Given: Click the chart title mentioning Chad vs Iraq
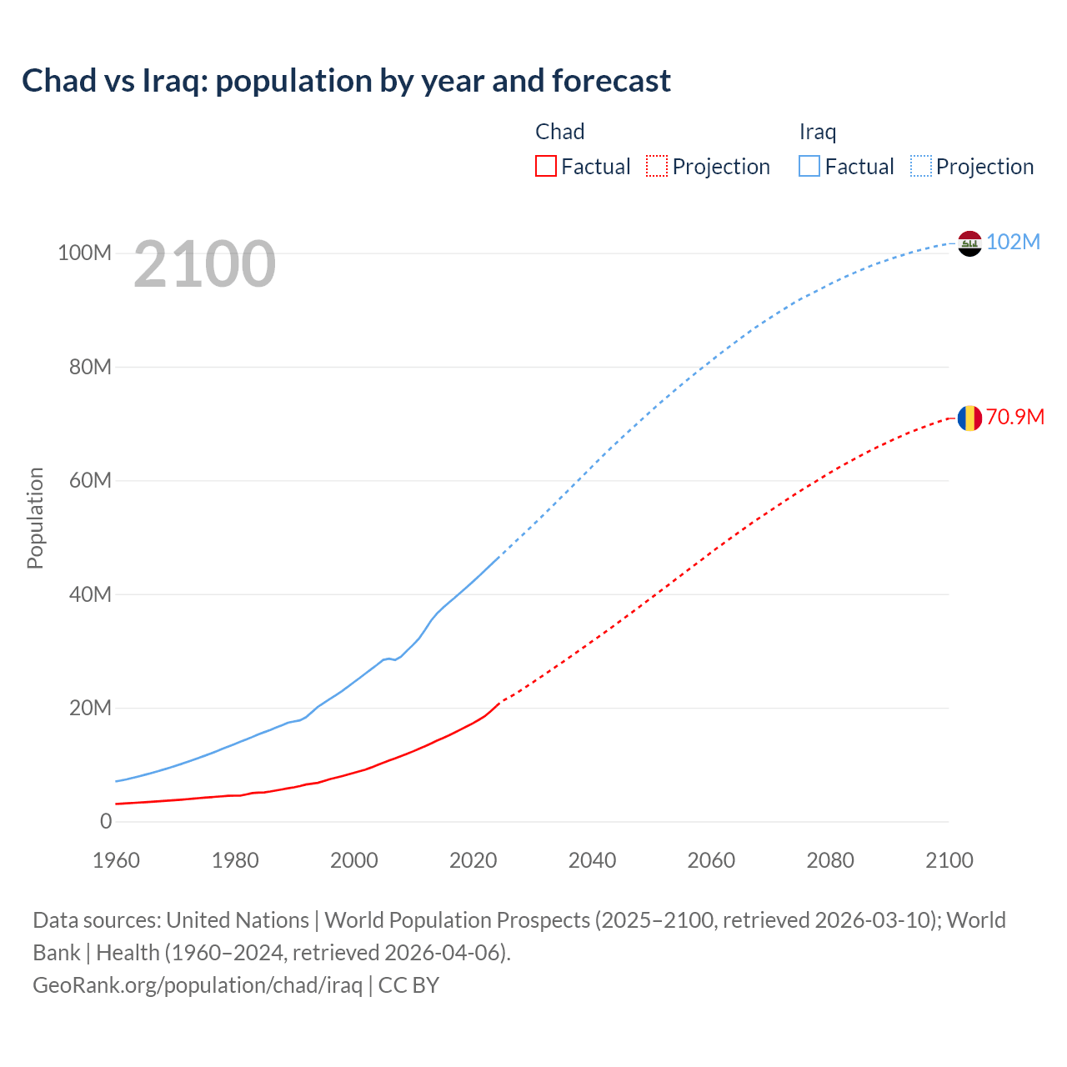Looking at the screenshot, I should tap(346, 81).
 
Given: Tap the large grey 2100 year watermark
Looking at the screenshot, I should tap(204, 264).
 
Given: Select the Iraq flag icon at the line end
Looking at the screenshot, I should tap(969, 243).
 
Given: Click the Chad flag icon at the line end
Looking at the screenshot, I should tap(969, 418).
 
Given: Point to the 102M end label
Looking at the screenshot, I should tap(1013, 242).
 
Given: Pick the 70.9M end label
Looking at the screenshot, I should tap(1014, 417).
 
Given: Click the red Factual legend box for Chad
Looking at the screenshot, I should tap(546, 166).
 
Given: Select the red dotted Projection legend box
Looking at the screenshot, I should tap(657, 166).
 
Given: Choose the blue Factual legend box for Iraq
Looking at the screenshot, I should tap(809, 166).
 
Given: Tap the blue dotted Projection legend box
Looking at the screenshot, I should tap(921, 166).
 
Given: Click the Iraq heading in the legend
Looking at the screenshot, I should tap(817, 132).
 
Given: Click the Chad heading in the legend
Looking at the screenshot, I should tap(559, 132).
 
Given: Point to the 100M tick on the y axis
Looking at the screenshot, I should tap(84, 253).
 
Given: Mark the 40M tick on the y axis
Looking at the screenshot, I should tap(89, 594).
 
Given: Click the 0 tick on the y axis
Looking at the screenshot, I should tap(106, 821).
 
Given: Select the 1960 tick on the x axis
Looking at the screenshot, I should tap(116, 860).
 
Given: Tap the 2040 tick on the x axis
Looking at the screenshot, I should tap(592, 860).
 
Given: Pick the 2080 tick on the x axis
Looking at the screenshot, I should tap(830, 860).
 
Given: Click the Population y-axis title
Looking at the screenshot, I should tap(35, 518).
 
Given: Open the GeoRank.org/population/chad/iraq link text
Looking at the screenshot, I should tap(198, 985).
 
